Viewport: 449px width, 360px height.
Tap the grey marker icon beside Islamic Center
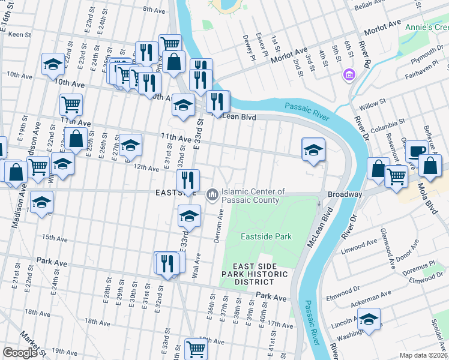(x=212, y=195)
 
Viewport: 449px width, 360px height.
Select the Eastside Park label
(x=266, y=236)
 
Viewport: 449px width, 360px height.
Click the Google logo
(x=20, y=353)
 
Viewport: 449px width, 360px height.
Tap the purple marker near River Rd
(x=348, y=75)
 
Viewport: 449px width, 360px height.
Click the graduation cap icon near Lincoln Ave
(x=370, y=318)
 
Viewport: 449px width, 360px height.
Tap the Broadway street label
(x=345, y=195)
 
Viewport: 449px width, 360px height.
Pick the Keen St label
(x=19, y=35)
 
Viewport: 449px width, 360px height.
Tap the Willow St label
(x=372, y=104)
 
